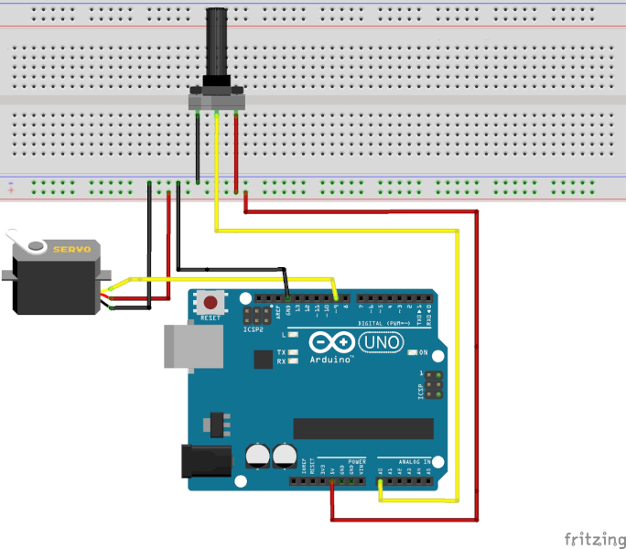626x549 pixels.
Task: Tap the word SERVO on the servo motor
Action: pos(70,250)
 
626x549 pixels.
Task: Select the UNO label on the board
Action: pos(377,342)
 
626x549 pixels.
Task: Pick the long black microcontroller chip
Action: pos(362,428)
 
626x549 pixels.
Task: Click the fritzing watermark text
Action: pos(594,537)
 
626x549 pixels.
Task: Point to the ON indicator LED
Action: pos(412,352)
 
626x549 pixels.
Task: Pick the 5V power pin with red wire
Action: pos(332,479)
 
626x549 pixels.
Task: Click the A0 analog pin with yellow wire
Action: pos(381,479)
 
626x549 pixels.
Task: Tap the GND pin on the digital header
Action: pos(288,297)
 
